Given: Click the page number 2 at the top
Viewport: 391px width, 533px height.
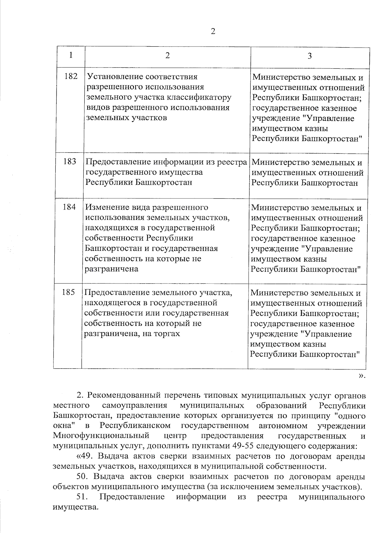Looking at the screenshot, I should pyautogui.click(x=213, y=31).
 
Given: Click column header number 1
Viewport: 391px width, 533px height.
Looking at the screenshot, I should pyautogui.click(x=71, y=55).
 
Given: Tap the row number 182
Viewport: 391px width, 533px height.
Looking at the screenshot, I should pyautogui.click(x=71, y=76).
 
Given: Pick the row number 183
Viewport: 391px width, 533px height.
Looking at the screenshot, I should pyautogui.click(x=70, y=161).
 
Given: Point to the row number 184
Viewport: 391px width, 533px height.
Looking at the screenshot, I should pyautogui.click(x=69, y=207).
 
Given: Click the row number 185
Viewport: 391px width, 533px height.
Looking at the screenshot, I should pyautogui.click(x=68, y=292).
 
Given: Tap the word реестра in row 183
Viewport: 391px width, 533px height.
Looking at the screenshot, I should pyautogui.click(x=231, y=162).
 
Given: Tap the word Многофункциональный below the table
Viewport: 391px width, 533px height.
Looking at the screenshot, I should pyautogui.click(x=101, y=436).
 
